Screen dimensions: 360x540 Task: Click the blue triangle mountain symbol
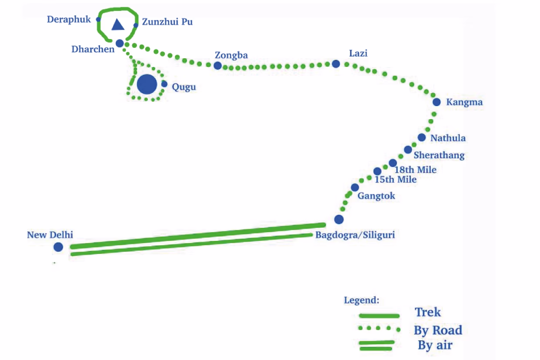pos(118,25)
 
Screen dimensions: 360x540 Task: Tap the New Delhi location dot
pos(58,247)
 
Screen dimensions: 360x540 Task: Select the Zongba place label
pos(231,55)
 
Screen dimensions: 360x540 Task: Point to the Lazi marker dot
pos(336,64)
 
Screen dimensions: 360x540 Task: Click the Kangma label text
pos(464,103)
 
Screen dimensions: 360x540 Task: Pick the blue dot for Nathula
pos(421,137)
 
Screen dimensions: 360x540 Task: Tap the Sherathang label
pos(439,155)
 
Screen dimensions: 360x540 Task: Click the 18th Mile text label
pos(415,170)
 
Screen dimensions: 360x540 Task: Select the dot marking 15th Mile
pos(377,171)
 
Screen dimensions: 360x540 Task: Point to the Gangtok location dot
pos(355,187)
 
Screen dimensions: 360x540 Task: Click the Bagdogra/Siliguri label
pos(355,235)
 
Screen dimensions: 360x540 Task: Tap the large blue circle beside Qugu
pos(147,84)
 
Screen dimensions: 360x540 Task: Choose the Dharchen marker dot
pos(120,43)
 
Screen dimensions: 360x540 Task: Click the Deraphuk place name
pos(69,20)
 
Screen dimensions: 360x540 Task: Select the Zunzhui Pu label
pos(167,22)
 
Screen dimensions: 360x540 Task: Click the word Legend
pos(361,300)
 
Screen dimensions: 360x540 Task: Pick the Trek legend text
pos(428,312)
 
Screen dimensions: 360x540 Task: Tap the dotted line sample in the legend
pos(378,328)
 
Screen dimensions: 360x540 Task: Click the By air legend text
pos(435,346)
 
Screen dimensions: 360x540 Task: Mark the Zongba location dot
pos(217,66)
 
